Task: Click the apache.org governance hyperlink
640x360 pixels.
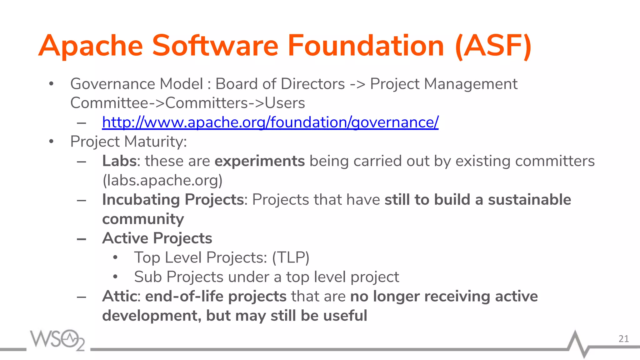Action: pos(270,122)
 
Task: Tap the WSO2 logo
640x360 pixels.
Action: pos(57,340)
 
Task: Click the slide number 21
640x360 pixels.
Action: pos(623,339)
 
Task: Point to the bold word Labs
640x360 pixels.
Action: pos(119,161)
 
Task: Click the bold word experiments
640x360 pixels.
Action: pos(259,161)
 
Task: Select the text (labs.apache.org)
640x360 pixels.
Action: pos(162,180)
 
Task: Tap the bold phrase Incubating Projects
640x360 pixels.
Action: pos(173,200)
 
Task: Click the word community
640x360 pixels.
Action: pos(143,219)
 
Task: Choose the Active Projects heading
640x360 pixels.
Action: pos(157,238)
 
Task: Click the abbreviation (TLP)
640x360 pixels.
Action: pos(291,258)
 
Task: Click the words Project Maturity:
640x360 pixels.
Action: pos(128,142)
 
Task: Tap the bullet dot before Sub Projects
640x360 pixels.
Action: pos(115,277)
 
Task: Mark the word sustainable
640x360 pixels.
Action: pos(529,200)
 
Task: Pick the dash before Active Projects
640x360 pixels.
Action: pos(82,239)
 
